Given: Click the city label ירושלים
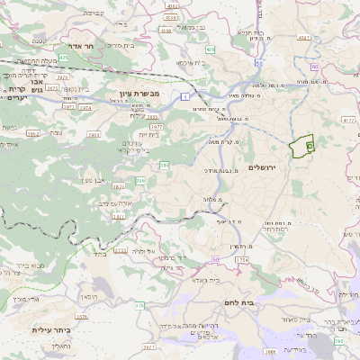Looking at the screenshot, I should [x=265, y=167].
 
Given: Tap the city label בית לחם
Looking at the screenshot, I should [x=262, y=303].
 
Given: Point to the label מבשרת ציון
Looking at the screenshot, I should [x=140, y=92].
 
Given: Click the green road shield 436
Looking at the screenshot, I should [x=209, y=49].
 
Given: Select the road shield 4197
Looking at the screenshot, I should [x=303, y=38].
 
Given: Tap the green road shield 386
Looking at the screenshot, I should [x=164, y=166].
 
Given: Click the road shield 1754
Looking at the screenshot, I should [x=242, y=260].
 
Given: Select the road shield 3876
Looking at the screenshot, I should [x=82, y=317].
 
